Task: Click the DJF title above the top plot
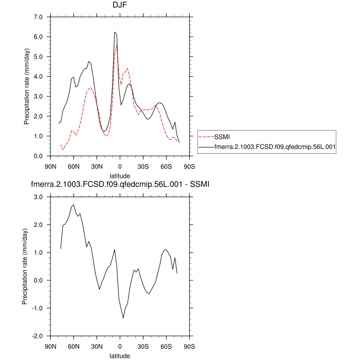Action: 120,6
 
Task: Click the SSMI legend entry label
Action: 222,137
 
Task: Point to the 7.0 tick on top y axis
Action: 39,17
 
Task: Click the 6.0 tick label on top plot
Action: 39,37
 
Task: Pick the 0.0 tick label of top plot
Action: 39,156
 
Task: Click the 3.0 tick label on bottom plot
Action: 39,197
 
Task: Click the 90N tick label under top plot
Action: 50,166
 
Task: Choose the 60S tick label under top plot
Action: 166,166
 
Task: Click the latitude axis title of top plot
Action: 120,175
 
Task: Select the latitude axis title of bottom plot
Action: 120,355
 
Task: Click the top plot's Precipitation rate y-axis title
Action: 27,86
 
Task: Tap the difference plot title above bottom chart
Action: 120,184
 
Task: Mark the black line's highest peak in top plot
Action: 115,32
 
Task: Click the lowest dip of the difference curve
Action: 123,318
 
